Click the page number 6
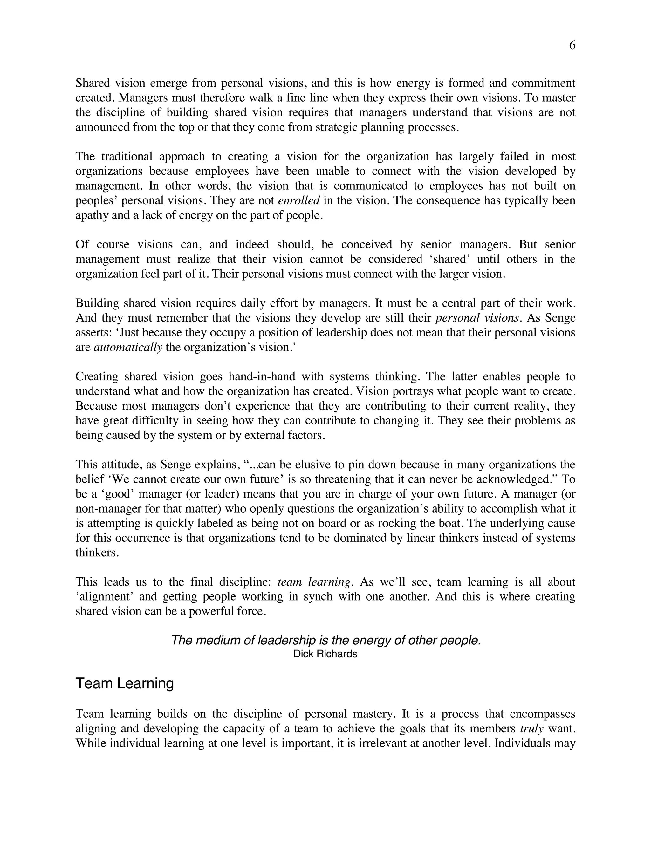[572, 45]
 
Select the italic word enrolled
[299, 200]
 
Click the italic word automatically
[128, 347]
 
